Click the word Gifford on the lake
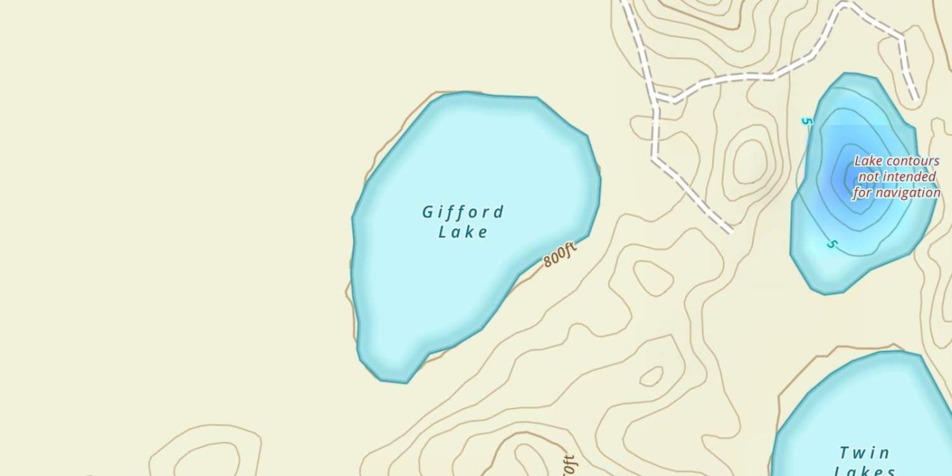coord(463,212)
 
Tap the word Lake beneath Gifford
coord(463,232)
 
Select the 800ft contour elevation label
coord(560,255)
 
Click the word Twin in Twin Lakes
coord(864,453)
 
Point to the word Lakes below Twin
coord(864,471)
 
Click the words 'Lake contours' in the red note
coord(896,161)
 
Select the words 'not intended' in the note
coord(897,177)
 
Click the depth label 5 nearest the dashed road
coord(807,121)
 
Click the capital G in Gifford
coord(428,213)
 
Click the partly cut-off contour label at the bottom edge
coord(569,466)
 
